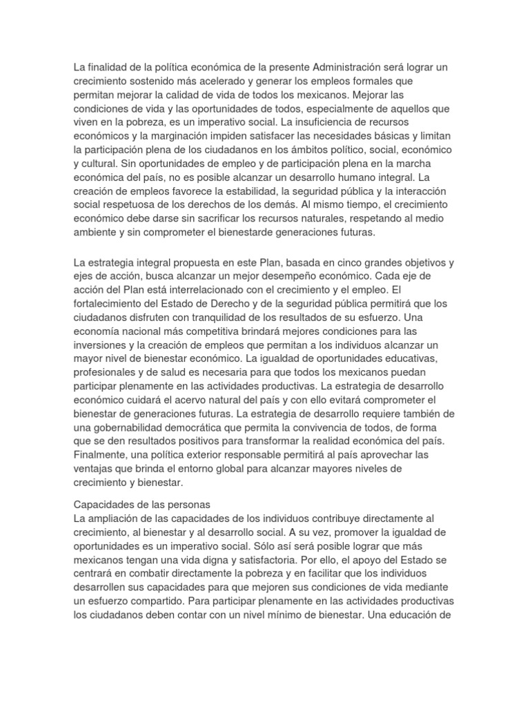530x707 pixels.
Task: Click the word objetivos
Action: point(420,264)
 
